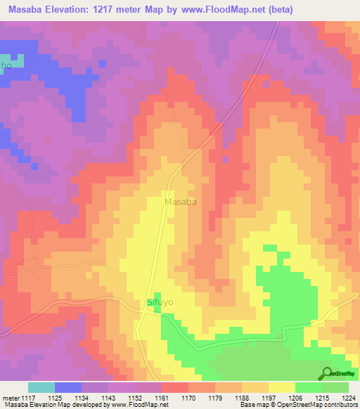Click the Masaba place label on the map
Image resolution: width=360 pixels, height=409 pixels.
point(180,202)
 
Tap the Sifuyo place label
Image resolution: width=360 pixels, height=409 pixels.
point(160,302)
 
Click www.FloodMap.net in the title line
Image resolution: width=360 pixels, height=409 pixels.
point(227,10)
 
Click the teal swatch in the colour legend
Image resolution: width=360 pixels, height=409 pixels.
point(41,387)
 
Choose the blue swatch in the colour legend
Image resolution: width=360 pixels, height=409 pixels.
point(68,387)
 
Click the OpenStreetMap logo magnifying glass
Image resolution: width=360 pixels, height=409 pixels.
point(326,373)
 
